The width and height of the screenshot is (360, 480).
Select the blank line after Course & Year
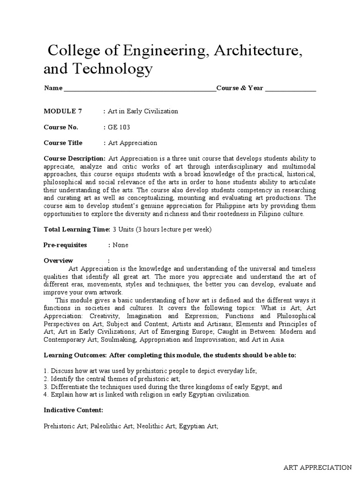click(x=291, y=89)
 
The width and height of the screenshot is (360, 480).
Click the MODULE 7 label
click(x=63, y=111)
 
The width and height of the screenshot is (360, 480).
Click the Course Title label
click(x=63, y=142)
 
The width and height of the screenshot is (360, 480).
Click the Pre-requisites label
click(x=65, y=245)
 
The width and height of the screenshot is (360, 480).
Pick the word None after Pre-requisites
click(x=120, y=245)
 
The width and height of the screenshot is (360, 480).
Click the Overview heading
click(x=59, y=260)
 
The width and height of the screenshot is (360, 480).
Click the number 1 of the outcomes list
click(x=45, y=371)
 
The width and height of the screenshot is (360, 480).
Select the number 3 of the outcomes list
click(x=45, y=386)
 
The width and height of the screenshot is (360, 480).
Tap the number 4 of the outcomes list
click(x=45, y=394)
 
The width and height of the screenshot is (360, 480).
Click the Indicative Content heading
click(x=73, y=410)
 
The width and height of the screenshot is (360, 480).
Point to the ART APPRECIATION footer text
click(x=317, y=467)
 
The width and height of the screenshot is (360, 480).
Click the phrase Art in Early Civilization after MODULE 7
click(x=143, y=111)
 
